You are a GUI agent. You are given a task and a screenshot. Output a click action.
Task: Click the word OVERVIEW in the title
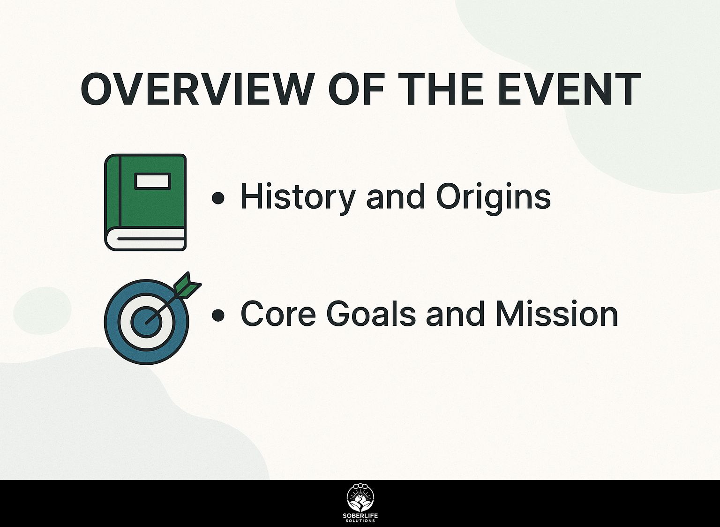tap(196, 89)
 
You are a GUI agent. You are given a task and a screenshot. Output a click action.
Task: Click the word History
tap(298, 197)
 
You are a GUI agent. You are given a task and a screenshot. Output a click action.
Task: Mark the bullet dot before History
tap(218, 198)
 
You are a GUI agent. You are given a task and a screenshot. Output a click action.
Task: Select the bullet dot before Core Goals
tap(218, 315)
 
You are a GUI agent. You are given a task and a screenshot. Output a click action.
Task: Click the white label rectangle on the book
tap(153, 181)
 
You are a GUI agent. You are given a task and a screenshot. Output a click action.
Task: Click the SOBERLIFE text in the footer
tap(360, 516)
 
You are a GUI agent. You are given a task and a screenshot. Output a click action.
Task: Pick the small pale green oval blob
tap(42, 310)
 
